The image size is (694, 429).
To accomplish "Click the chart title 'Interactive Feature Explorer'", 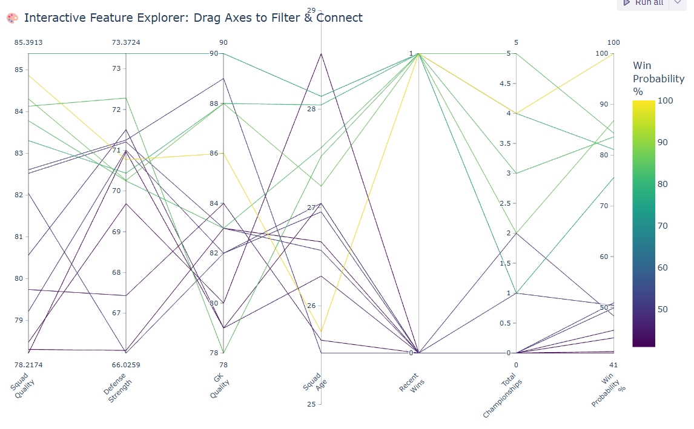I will pyautogui.click(x=193, y=18).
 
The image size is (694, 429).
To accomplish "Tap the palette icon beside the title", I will pyautogui.click(x=12, y=18).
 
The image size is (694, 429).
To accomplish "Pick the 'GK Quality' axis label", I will pyautogui.click(x=219, y=385).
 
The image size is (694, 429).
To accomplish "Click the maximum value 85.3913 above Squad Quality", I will pyautogui.click(x=28, y=42).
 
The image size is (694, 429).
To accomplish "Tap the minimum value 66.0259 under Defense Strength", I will pyautogui.click(x=126, y=365).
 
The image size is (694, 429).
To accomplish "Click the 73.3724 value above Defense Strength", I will pyautogui.click(x=126, y=42).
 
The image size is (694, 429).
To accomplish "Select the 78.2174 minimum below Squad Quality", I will pyautogui.click(x=28, y=365).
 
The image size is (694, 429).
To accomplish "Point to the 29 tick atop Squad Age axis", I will pyautogui.click(x=311, y=10).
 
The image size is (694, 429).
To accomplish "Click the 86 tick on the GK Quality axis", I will pyautogui.click(x=214, y=154).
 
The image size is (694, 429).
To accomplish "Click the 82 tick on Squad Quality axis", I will pyautogui.click(x=18, y=195).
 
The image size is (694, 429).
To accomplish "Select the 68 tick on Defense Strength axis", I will pyautogui.click(x=117, y=272).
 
